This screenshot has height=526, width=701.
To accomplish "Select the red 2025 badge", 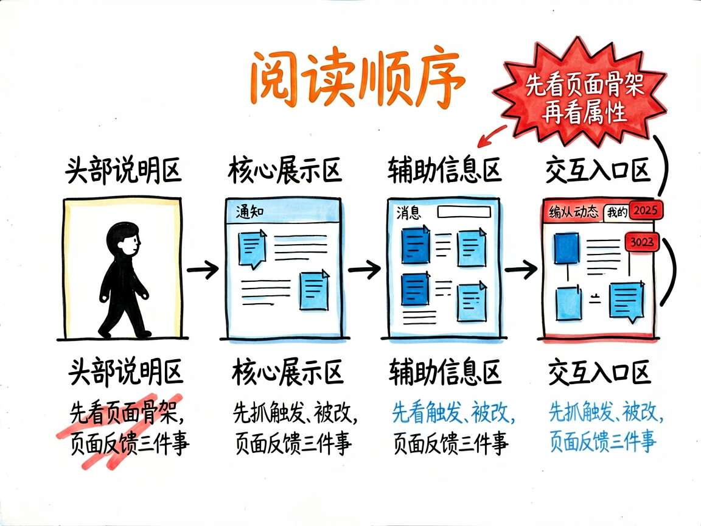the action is (x=646, y=210).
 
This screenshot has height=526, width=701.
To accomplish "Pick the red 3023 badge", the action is (x=641, y=242).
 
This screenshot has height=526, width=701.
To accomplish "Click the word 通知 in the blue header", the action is (x=249, y=212).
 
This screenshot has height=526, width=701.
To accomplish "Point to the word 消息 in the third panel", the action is (x=409, y=212).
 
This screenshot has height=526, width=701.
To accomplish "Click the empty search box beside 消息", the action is (x=464, y=212).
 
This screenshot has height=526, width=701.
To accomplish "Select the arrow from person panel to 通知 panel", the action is (x=203, y=269).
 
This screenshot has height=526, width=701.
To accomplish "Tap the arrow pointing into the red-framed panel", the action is (x=521, y=269).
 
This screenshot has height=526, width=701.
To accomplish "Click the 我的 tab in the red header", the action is (x=617, y=212).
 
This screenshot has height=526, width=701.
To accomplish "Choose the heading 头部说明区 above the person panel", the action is (x=123, y=170).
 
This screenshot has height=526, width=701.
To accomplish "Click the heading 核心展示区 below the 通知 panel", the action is (x=287, y=372).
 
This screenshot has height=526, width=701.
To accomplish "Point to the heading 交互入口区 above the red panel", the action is (x=598, y=170).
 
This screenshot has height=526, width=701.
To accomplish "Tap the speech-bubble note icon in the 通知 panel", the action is (x=252, y=248).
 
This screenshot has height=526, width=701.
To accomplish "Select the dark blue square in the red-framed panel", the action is (x=567, y=248).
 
